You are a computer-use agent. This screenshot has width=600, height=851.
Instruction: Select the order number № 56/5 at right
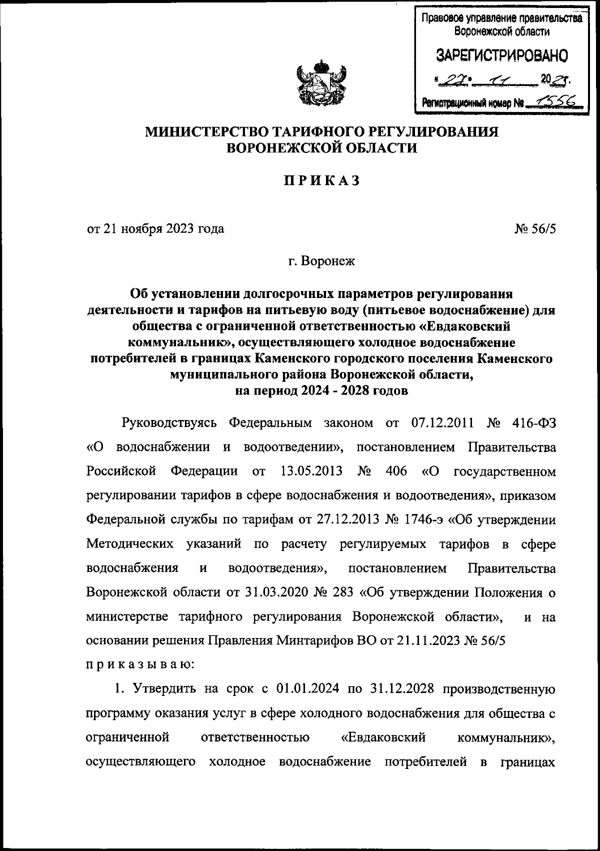pyautogui.click(x=534, y=229)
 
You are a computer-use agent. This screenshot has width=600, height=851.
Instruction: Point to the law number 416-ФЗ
pyautogui.click(x=534, y=423)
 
